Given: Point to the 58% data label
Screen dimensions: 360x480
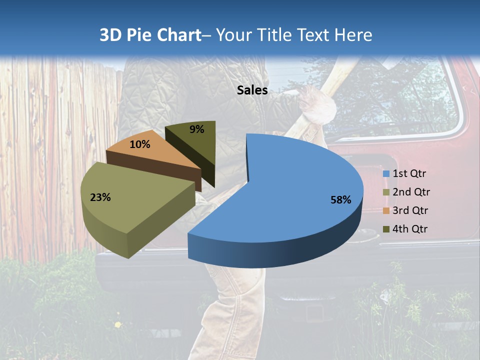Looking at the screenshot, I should click(340, 200).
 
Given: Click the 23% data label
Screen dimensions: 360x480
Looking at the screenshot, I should click(100, 197).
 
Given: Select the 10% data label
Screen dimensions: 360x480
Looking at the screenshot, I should click(139, 144).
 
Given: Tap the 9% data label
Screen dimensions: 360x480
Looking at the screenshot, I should click(197, 129).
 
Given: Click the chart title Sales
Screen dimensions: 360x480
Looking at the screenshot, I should click(252, 90).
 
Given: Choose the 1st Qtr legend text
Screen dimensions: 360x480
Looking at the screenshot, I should click(409, 174).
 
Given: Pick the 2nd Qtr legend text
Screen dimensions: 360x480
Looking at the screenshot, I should click(411, 192).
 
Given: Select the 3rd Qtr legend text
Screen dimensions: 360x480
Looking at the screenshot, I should click(411, 210).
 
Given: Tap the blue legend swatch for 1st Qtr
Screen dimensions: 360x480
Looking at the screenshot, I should click(386, 174).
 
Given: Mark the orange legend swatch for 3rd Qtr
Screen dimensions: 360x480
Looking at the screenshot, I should click(386, 210).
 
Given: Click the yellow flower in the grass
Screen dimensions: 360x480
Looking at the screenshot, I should click(117, 325).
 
